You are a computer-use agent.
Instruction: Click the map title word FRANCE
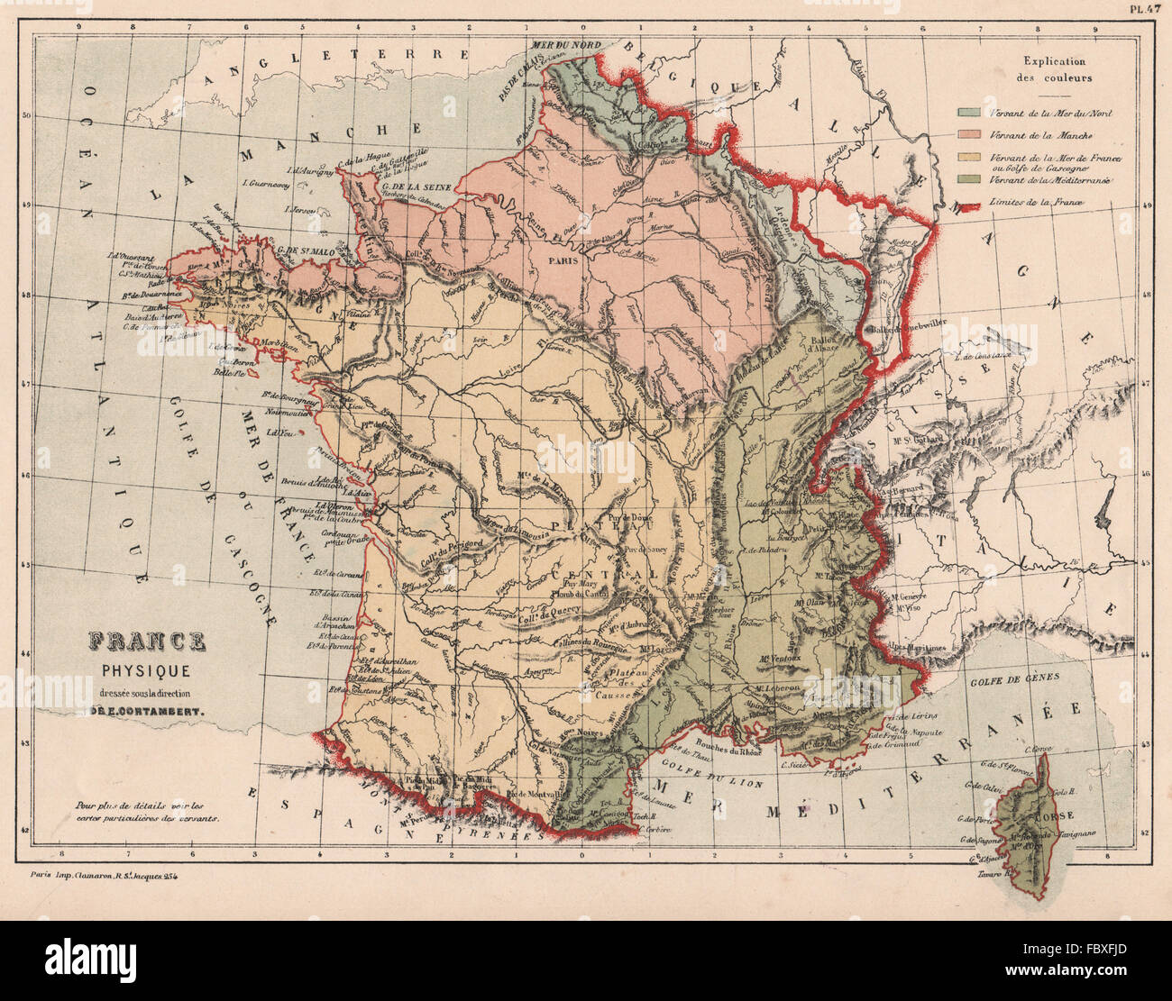(146, 642)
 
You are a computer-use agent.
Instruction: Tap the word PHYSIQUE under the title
(145, 669)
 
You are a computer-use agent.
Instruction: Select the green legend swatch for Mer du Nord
(969, 114)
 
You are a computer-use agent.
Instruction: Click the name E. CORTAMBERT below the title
(146, 709)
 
